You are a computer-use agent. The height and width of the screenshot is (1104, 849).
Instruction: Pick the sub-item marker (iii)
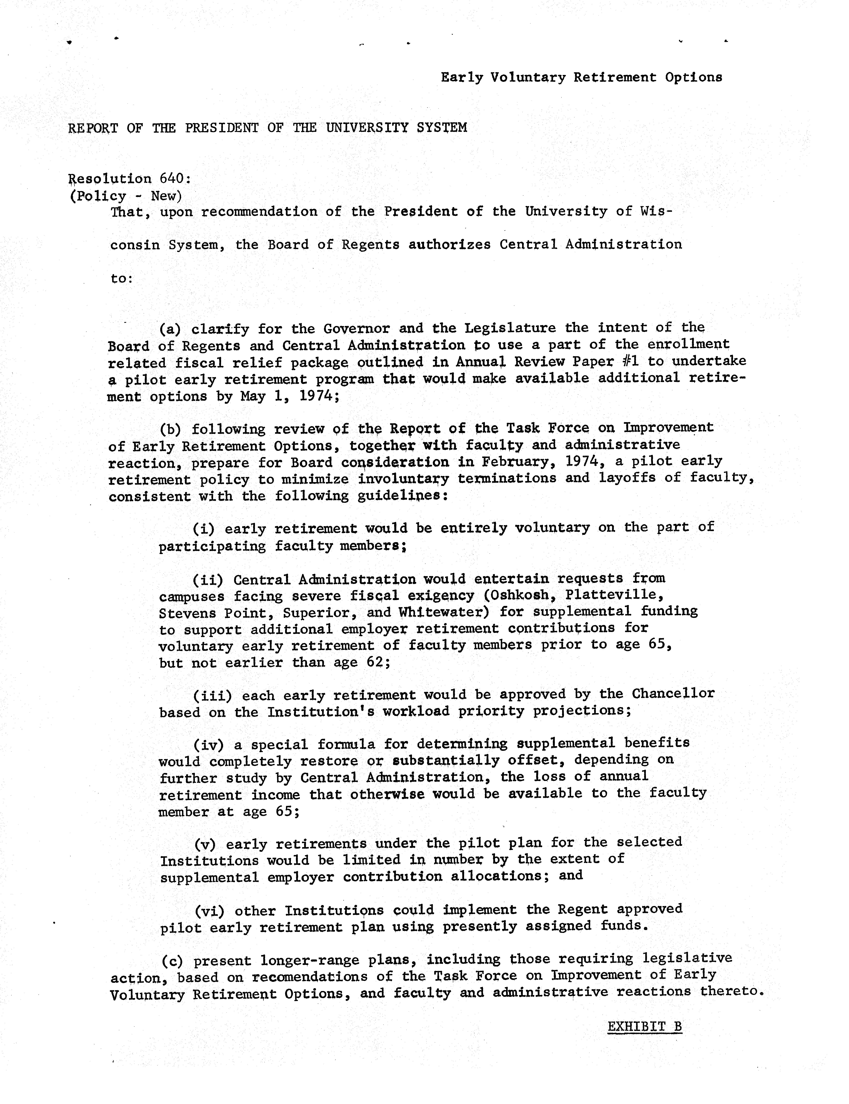coord(212,696)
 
